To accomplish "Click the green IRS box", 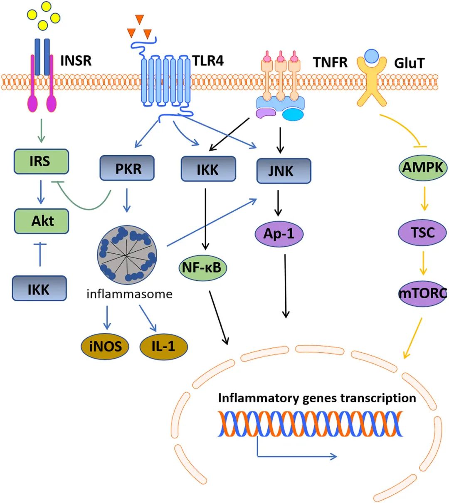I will (41, 161).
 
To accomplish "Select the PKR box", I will (127, 168).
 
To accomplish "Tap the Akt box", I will (42, 221).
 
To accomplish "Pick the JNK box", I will (284, 171).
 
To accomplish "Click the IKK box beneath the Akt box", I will (39, 288).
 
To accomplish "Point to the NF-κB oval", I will (202, 268).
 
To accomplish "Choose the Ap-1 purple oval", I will (279, 234).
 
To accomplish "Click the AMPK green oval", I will (423, 167).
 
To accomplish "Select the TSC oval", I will (422, 232).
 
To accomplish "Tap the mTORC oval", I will (422, 294).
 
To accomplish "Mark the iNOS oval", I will (105, 346).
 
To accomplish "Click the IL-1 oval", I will (163, 346).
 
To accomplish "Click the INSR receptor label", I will (76, 61).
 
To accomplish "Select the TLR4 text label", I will (208, 61).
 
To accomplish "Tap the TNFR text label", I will (330, 62).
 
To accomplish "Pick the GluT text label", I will (410, 63).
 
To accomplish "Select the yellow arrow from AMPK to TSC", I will (424, 198).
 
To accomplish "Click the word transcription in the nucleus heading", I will (378, 398).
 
